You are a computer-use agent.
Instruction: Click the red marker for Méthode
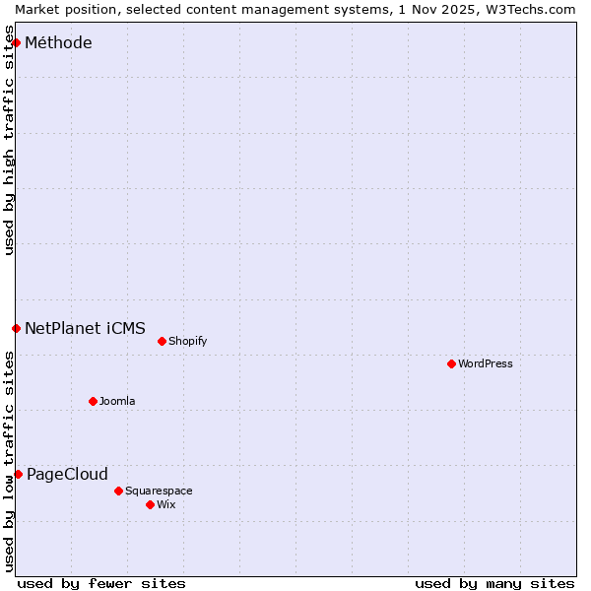(17, 42)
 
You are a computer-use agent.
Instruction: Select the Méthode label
(58, 43)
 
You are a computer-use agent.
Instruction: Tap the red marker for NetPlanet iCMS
(17, 328)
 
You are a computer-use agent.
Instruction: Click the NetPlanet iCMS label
(85, 329)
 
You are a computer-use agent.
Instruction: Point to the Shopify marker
(162, 341)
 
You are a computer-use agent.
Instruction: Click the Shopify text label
(187, 342)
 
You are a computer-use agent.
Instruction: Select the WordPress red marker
(451, 363)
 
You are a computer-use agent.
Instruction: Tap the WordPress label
(485, 364)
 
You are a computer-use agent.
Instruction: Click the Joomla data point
(93, 401)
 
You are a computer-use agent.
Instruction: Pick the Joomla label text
(117, 402)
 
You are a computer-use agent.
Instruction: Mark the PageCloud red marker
(18, 474)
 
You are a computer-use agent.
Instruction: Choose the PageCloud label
(67, 475)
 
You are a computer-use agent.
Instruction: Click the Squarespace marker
(118, 491)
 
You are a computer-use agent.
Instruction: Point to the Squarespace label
(159, 492)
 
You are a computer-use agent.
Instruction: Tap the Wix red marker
(150, 504)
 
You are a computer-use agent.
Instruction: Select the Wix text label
(166, 505)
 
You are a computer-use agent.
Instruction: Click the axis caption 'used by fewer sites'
(101, 584)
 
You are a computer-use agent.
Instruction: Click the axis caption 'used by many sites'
(494, 584)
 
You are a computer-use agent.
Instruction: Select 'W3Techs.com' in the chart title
(529, 9)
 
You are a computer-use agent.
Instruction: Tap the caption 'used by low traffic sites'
(9, 463)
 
